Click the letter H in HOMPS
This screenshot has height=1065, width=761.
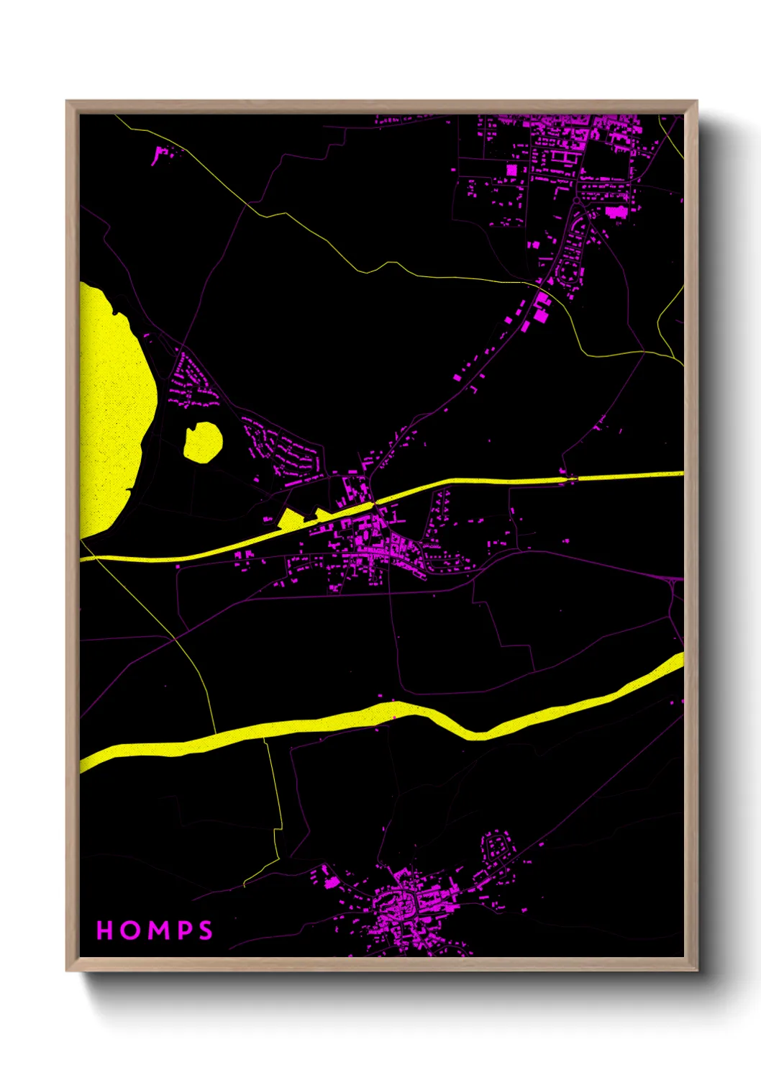[105, 930]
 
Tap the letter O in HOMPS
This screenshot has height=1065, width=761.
[130, 930]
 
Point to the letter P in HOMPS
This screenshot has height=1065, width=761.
[183, 930]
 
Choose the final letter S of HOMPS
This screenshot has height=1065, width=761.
[206, 930]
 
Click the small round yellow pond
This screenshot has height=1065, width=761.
[202, 440]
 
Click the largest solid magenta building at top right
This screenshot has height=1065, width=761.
[616, 212]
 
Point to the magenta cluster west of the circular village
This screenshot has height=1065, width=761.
[328, 878]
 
